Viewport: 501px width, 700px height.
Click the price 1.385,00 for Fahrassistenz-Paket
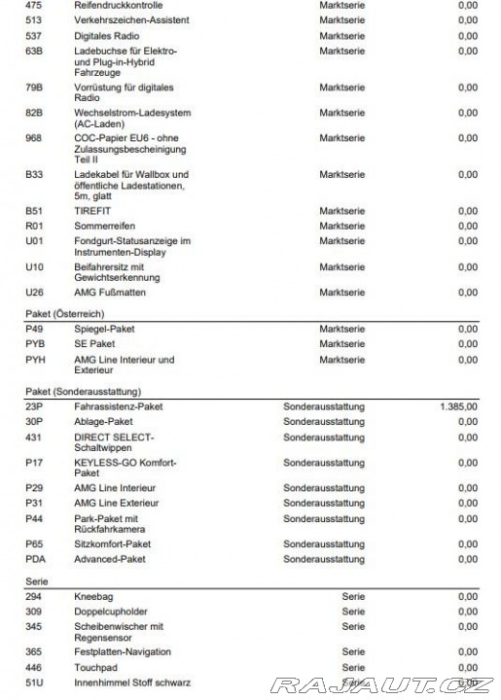coord(458,406)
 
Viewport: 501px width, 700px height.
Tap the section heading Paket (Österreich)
coord(66,314)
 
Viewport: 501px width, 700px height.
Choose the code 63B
coord(34,51)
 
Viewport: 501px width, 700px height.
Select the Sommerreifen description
coord(103,226)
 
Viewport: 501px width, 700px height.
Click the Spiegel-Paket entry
coord(104,329)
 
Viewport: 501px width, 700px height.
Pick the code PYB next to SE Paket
coord(35,344)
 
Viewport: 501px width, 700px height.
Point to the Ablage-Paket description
coord(104,422)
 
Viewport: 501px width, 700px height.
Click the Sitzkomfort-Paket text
coord(112,544)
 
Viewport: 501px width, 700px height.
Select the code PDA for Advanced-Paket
coord(35,560)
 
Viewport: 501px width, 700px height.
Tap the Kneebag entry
coord(94,596)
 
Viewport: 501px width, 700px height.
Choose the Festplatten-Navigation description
coord(123,652)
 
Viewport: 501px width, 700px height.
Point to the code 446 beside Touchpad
coord(34,668)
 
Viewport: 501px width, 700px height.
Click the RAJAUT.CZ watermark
coord(381,685)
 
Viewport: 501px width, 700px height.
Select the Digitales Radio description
coord(106,35)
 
